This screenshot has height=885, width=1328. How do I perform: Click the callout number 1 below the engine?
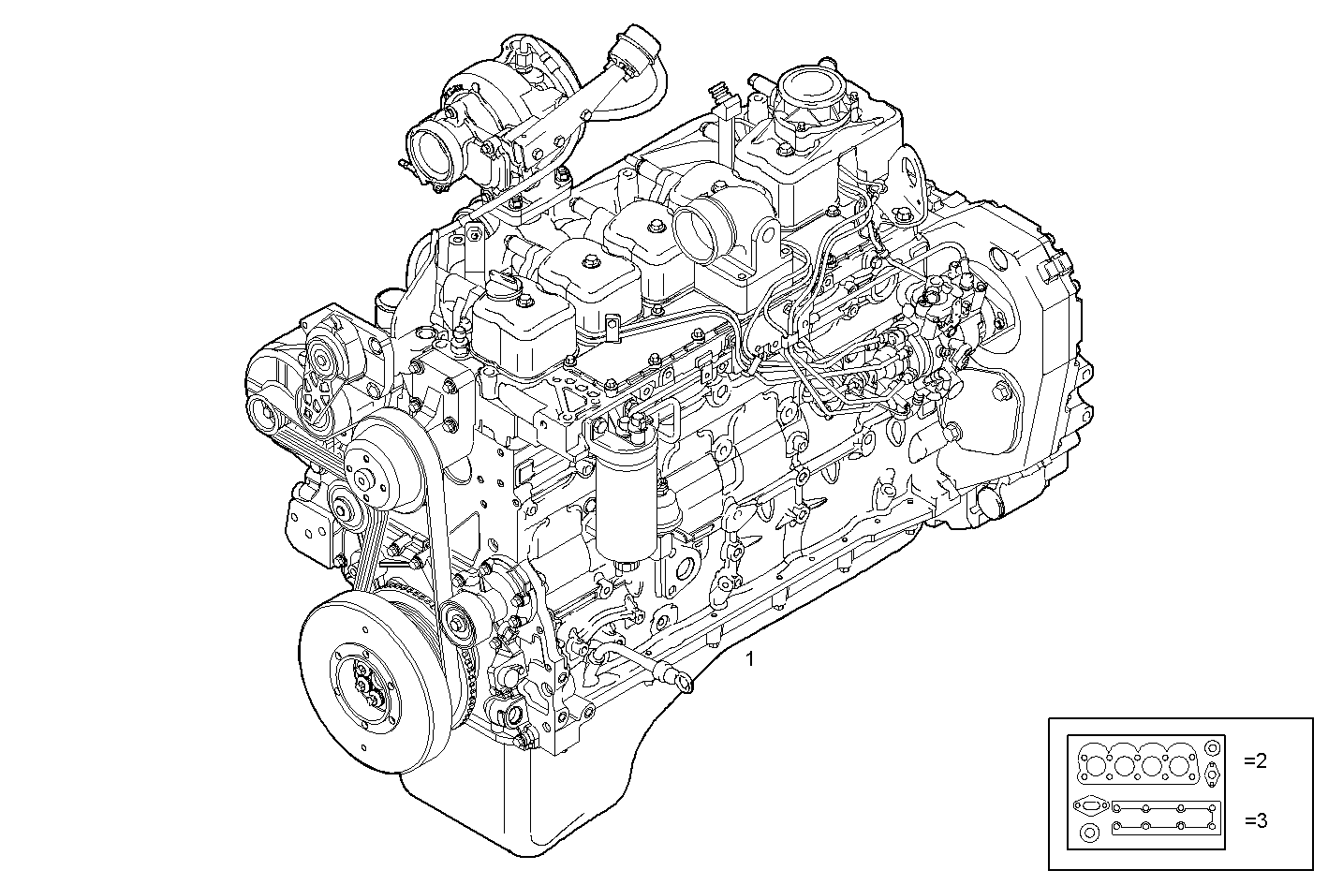pyautogui.click(x=748, y=659)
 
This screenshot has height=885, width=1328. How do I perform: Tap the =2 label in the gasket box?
pyautogui.click(x=1255, y=761)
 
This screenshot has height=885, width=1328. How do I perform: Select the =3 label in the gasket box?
pyautogui.click(x=1255, y=821)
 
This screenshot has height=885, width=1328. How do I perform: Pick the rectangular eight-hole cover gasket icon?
pyautogui.click(x=1165, y=816)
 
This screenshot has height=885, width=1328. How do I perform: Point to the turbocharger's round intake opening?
pyautogui.click(x=433, y=149)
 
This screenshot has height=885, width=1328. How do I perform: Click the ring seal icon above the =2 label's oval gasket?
pyautogui.click(x=1212, y=748)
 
